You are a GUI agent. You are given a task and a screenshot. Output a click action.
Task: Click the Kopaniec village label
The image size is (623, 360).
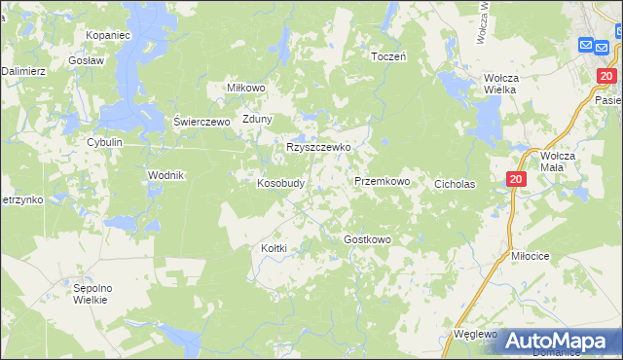107,35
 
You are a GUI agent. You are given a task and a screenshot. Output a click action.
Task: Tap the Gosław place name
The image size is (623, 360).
87,59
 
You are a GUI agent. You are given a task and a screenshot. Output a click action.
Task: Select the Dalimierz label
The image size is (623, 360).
23,71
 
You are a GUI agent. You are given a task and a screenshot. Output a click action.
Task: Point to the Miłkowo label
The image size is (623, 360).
246,87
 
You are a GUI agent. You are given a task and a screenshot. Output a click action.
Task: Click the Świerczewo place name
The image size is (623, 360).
201,122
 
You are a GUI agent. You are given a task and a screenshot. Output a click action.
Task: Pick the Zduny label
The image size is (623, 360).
258,120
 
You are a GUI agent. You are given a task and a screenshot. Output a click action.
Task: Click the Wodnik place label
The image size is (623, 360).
165,174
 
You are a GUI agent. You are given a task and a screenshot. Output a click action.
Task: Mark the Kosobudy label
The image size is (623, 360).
281,182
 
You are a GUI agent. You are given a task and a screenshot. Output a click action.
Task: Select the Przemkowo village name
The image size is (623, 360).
382,181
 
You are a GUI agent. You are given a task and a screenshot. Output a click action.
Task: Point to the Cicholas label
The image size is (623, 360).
455,183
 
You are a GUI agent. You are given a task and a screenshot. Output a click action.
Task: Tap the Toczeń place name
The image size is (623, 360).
388,56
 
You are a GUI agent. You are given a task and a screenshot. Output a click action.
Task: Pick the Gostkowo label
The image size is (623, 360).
367,239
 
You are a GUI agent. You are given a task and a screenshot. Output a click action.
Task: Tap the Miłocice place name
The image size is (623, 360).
531,255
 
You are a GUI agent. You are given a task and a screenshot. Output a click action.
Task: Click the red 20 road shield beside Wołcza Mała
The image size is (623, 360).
516,179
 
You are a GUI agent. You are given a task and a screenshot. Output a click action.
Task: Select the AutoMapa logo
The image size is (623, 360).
552,341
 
